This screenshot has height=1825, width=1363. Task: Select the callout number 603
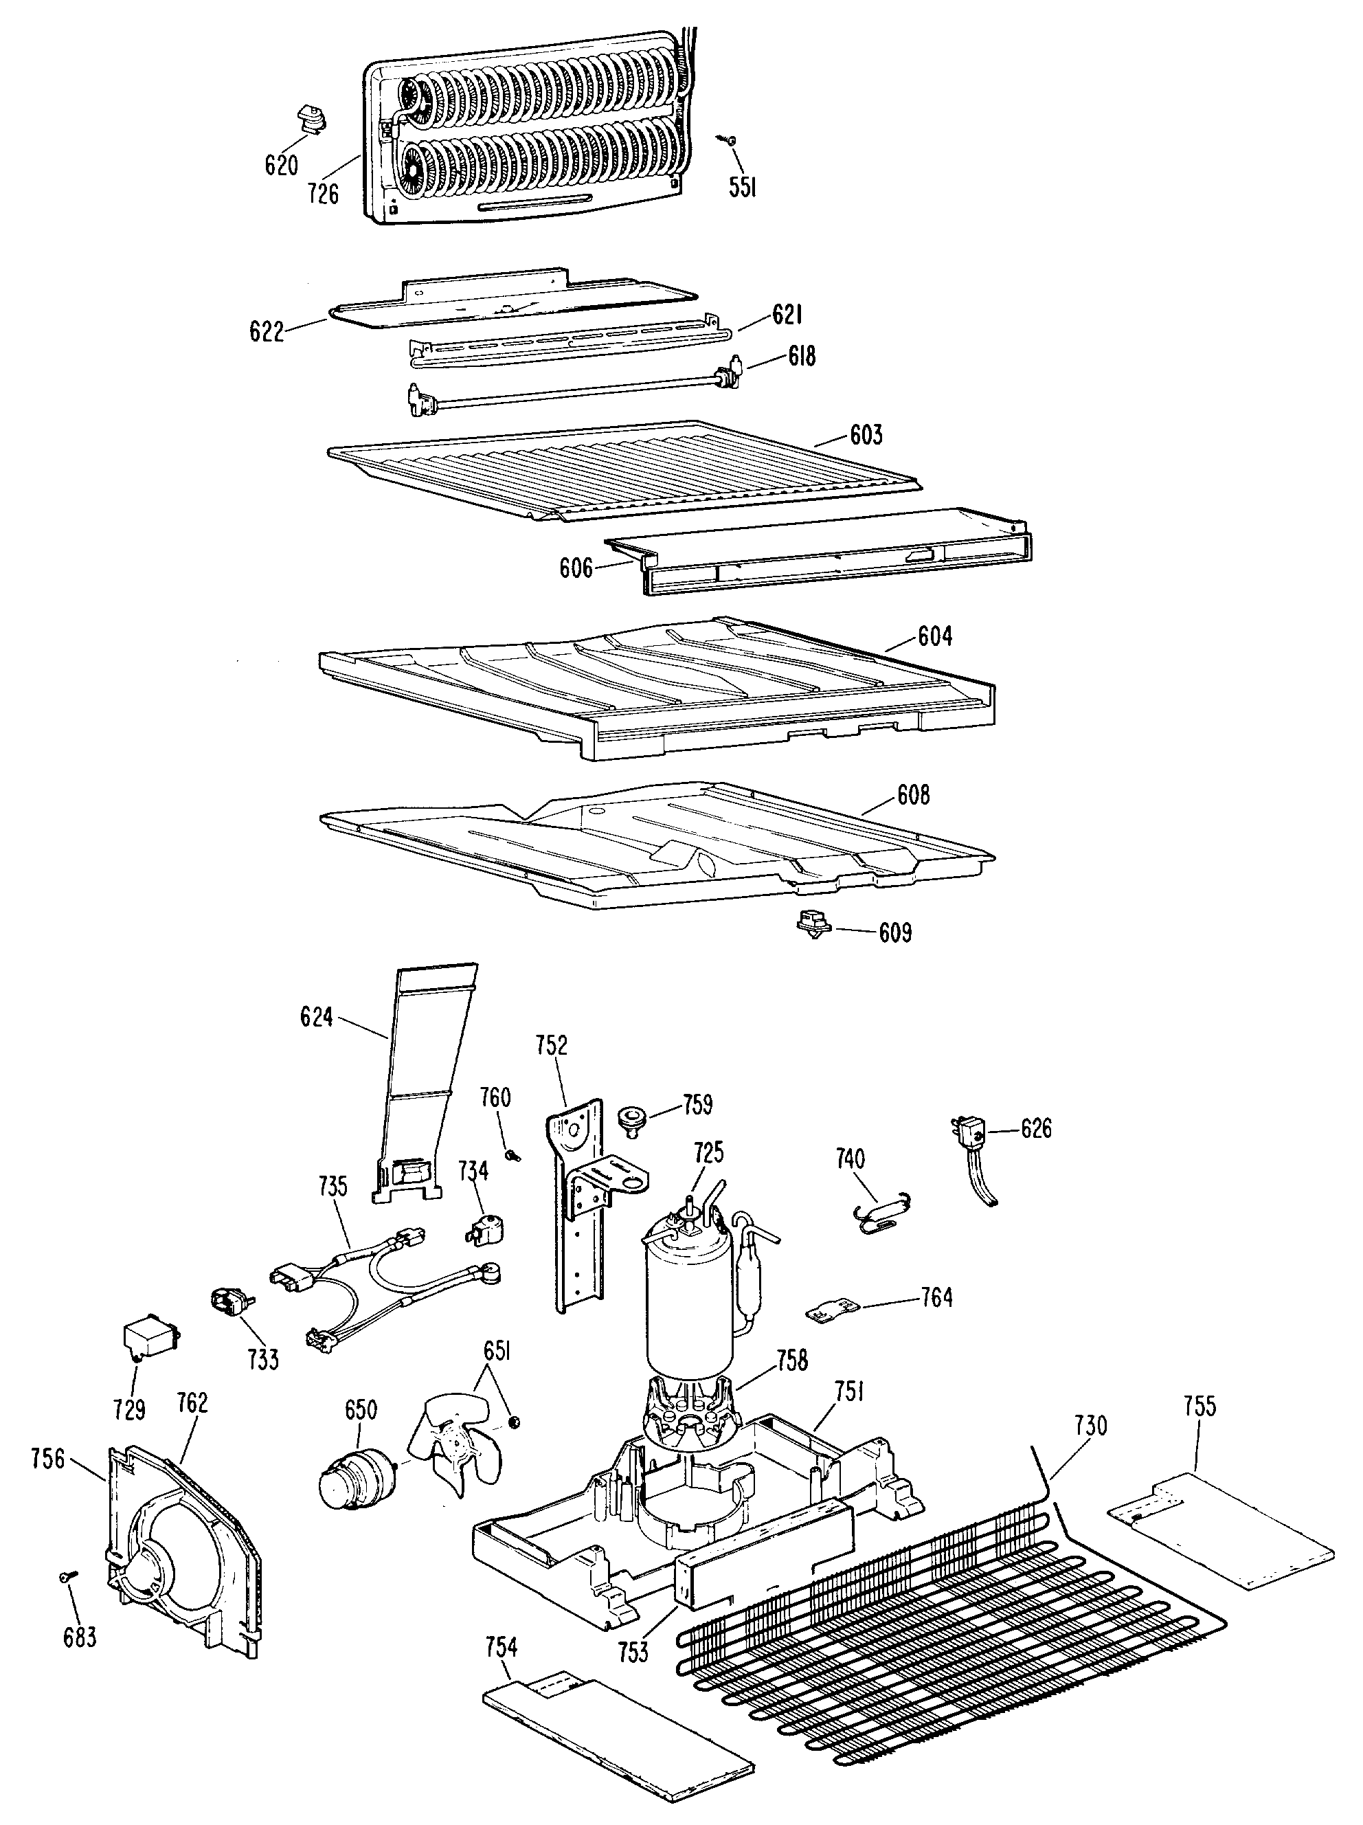tap(866, 435)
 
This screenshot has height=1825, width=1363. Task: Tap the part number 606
tap(576, 568)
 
